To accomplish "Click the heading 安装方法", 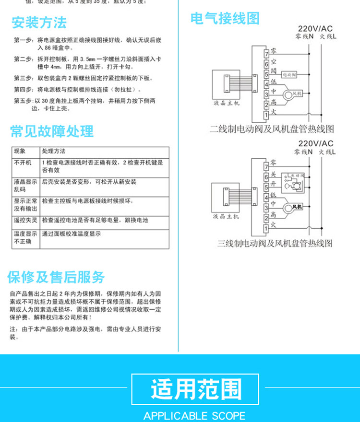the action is point(39,23).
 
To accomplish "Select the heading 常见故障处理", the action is point(52,131).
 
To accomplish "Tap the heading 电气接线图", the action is point(225,19).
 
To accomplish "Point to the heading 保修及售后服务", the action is point(56,277).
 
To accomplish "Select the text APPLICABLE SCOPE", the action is point(194,416).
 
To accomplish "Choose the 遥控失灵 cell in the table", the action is point(25,220).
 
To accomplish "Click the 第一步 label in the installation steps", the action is point(22,40).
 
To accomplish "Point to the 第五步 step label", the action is point(22,101).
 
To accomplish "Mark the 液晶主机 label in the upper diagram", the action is point(226,103).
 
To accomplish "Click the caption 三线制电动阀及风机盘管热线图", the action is point(275,243).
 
